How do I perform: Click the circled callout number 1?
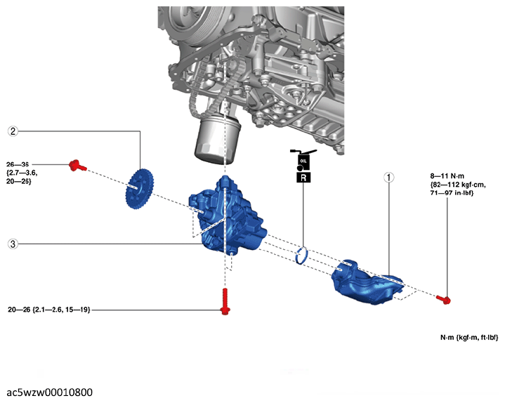point(388,178)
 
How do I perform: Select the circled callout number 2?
point(13,131)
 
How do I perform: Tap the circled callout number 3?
point(13,244)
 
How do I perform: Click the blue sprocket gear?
point(140,190)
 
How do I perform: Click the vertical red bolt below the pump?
point(225,302)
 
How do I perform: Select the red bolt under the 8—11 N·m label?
point(444,300)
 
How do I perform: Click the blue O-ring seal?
point(301,256)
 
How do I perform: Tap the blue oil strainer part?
point(367,282)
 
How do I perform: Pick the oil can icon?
point(303,159)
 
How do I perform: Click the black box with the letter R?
point(303,178)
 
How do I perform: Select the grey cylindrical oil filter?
point(218,141)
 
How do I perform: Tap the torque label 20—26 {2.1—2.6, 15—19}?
point(49,310)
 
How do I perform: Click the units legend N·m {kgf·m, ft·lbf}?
point(469,337)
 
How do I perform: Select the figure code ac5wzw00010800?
point(50,392)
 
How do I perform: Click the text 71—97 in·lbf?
point(452,193)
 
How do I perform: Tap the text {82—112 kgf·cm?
point(458,185)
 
